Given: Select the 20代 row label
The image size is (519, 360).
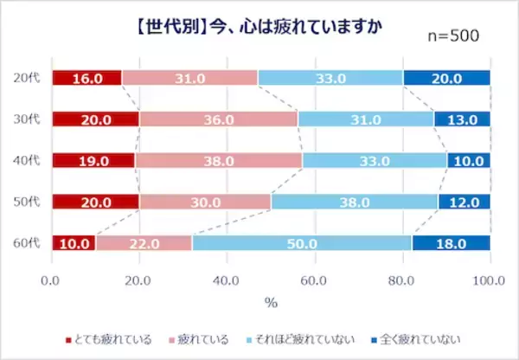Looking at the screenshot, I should pos(27,78).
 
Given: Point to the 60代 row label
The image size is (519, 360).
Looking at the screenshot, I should pos(27,243).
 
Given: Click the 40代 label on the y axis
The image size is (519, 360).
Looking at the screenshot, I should pos(27,160).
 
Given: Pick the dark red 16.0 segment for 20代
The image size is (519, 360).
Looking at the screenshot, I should pos(86,78).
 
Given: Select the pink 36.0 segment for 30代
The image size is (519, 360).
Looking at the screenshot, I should pos(218,119).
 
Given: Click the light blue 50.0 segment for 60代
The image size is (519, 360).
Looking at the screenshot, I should pos(302,243).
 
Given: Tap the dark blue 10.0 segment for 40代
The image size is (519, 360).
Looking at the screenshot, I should pos(468,160).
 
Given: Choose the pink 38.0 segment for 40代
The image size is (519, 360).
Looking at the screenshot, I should pos(219,160).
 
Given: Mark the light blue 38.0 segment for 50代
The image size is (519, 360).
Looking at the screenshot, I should pos(355,202).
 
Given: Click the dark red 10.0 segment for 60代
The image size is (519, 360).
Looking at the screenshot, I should pos(74,243).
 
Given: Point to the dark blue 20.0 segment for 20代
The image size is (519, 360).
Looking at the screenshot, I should pos(446,78).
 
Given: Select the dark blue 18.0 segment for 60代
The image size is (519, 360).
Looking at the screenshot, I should pos(451,243).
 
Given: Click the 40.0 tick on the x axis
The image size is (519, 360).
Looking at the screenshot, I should pos(227,280).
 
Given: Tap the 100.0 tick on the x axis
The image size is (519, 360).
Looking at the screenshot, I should pos(490,280).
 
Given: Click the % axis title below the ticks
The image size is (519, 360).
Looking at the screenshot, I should pos(270,303).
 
